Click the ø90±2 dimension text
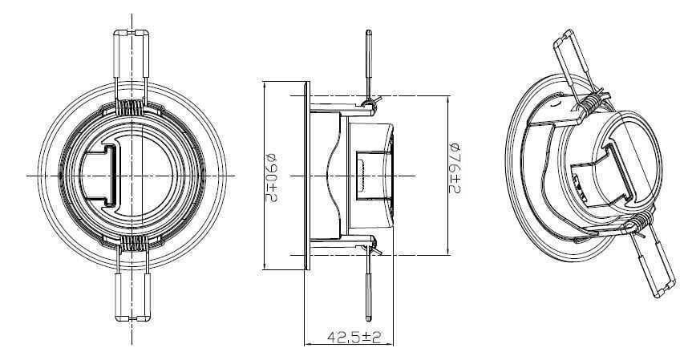[271, 175]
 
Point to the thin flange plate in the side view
[305, 175]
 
